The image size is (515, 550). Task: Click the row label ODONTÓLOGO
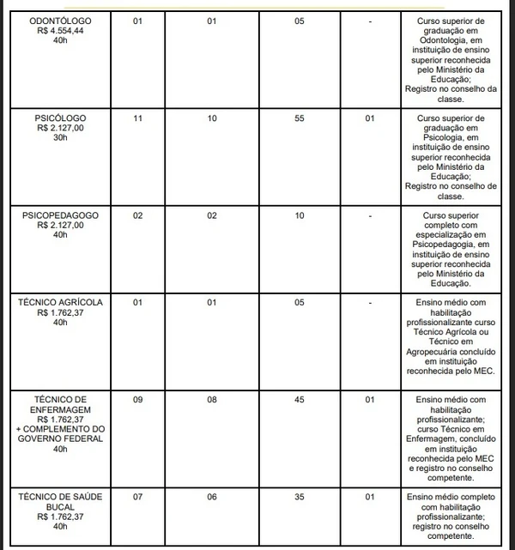pos(59,20)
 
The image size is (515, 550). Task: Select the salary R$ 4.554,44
pos(59,30)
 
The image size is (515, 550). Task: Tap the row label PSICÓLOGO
pos(59,117)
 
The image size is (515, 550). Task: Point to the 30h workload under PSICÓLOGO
pos(59,137)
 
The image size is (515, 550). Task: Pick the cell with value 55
pos(299,117)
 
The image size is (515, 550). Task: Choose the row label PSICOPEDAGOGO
pos(59,215)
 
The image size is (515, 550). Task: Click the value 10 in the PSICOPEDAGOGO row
pos(299,215)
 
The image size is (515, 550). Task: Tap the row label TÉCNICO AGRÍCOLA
pos(59,303)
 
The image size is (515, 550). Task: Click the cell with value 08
pos(212,400)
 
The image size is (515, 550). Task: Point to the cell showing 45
pos(299,400)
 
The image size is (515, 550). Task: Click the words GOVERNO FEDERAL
pos(59,438)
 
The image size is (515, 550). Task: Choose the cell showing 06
pos(212,497)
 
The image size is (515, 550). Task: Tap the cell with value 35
pos(299,497)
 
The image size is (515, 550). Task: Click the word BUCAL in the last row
pos(59,507)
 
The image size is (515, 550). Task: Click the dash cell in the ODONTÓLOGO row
pos(368,20)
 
